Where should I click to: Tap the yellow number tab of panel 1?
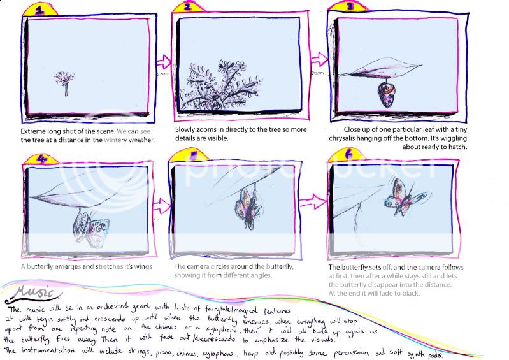point(40,10)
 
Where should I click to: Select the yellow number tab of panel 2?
point(188,8)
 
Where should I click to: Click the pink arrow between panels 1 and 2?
point(163,62)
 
